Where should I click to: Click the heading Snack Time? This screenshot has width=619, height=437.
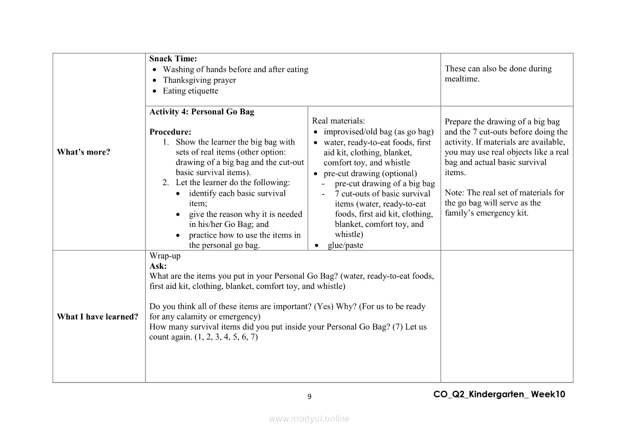(x=173, y=59)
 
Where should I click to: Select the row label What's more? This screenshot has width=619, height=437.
(x=84, y=152)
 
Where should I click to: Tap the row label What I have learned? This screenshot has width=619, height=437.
(x=97, y=317)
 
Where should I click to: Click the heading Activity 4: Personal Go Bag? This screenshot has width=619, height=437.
(x=202, y=112)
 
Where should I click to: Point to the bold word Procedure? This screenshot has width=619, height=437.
(x=170, y=132)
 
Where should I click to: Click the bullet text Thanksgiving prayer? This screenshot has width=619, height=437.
(x=199, y=80)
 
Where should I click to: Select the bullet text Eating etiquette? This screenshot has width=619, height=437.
(x=190, y=90)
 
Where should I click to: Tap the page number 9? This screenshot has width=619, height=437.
(x=309, y=396)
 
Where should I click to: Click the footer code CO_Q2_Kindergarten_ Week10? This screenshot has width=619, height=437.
(x=499, y=394)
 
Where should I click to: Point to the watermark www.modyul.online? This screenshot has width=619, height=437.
(x=309, y=418)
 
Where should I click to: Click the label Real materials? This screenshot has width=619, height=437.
(x=338, y=121)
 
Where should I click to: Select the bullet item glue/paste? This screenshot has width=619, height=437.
(x=345, y=245)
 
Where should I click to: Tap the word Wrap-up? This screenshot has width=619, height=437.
(x=165, y=256)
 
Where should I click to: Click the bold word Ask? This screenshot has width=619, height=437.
(x=158, y=266)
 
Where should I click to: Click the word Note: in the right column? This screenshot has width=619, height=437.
(x=454, y=193)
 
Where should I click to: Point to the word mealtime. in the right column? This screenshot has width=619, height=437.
(x=462, y=79)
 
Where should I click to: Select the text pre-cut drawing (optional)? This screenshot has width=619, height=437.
(x=370, y=173)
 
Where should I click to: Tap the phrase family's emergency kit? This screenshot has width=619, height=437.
(x=487, y=213)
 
